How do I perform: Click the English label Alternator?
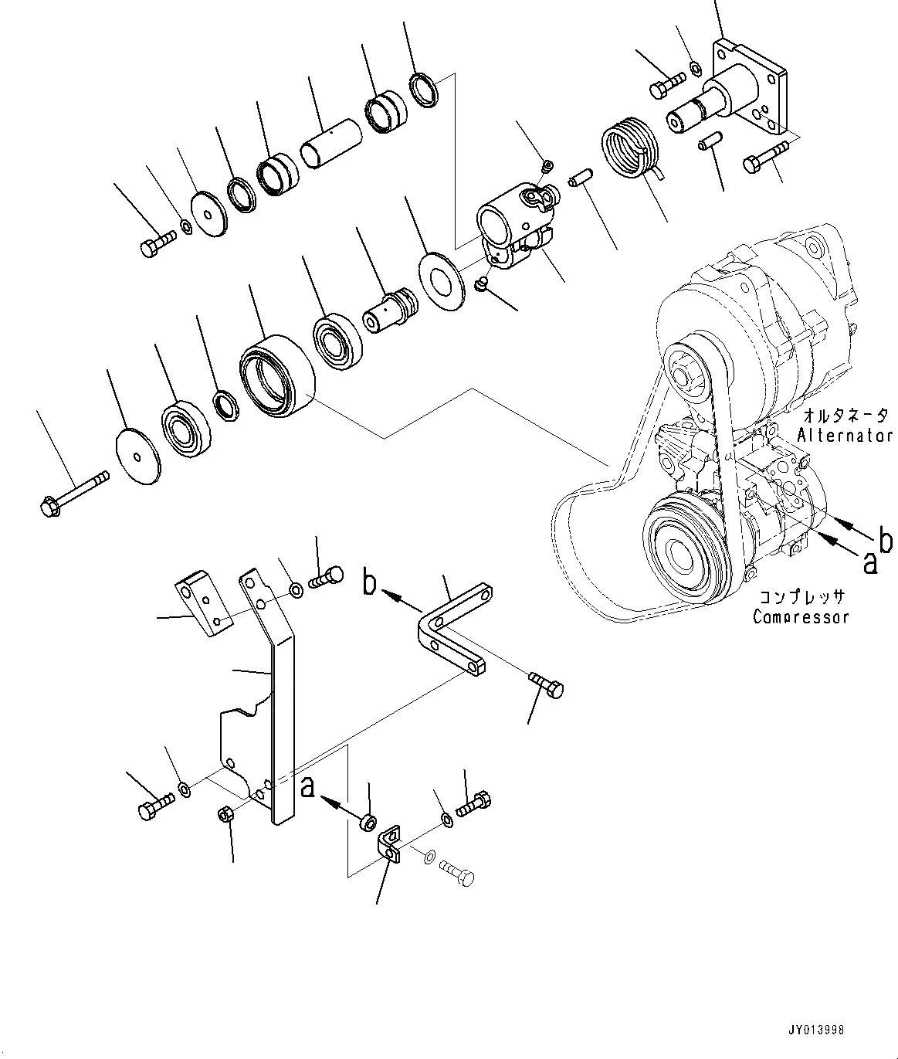click(845, 435)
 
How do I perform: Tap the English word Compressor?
click(801, 616)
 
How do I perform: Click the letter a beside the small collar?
click(307, 787)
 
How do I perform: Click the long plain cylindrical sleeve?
click(330, 141)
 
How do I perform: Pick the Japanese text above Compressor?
click(801, 597)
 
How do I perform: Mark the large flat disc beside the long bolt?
click(137, 457)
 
